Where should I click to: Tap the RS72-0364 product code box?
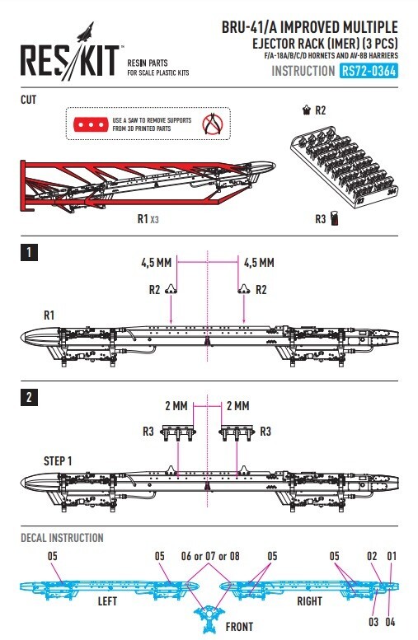[x=368, y=72]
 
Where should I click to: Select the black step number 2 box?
[x=29, y=398]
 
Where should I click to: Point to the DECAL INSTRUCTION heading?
[x=62, y=539]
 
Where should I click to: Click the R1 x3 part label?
[x=148, y=219]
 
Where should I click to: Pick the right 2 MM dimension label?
[x=237, y=406]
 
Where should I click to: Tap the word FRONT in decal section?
[x=241, y=626]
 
